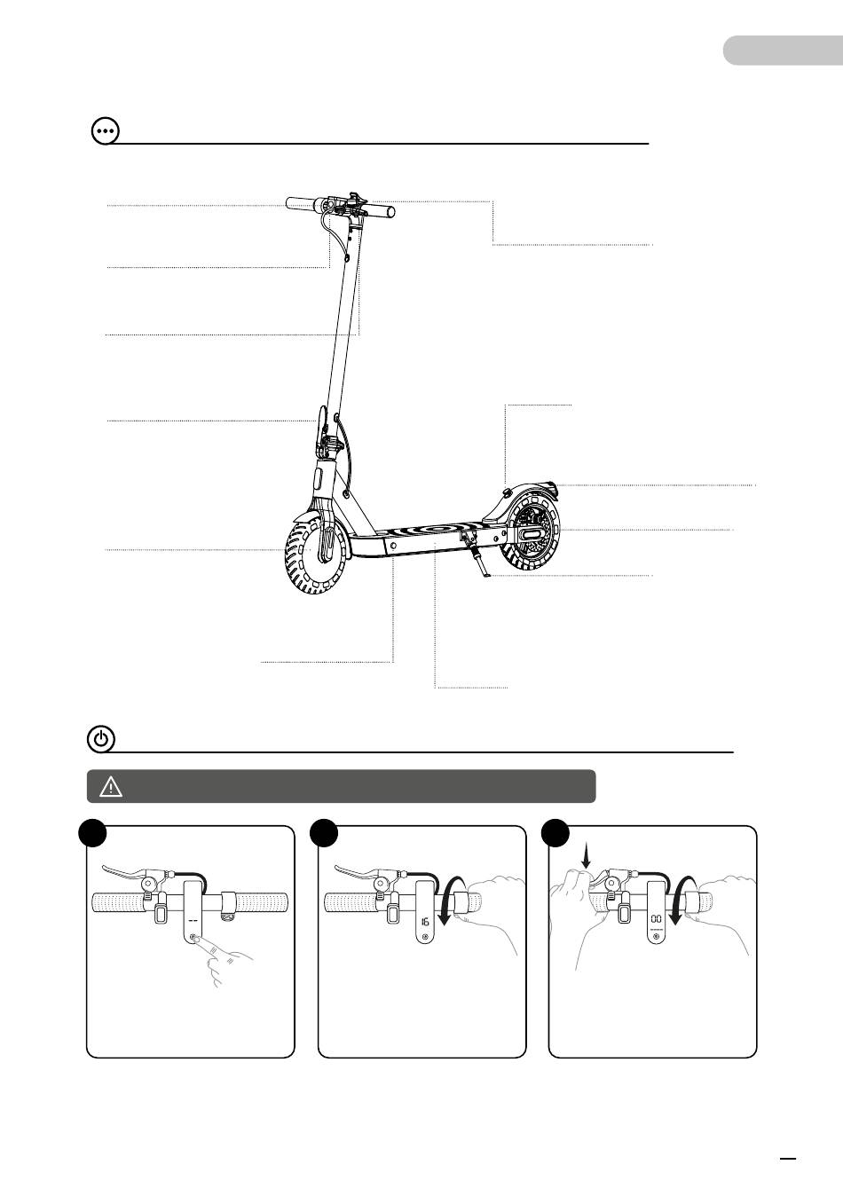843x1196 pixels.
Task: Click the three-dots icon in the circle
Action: tap(105, 131)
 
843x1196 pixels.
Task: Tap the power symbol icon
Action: tap(101, 740)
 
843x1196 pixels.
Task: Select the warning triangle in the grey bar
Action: tap(111, 787)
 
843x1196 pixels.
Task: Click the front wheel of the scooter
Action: tap(315, 558)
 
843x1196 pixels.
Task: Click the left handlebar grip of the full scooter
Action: tap(301, 203)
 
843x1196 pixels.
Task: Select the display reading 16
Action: tap(425, 921)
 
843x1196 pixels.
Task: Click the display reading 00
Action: tap(656, 918)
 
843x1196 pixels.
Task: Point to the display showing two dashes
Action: tap(193, 920)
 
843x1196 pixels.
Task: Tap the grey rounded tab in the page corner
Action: tap(783, 51)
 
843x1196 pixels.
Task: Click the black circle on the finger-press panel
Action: tap(92, 833)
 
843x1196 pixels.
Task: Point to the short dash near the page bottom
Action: tap(788, 1158)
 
